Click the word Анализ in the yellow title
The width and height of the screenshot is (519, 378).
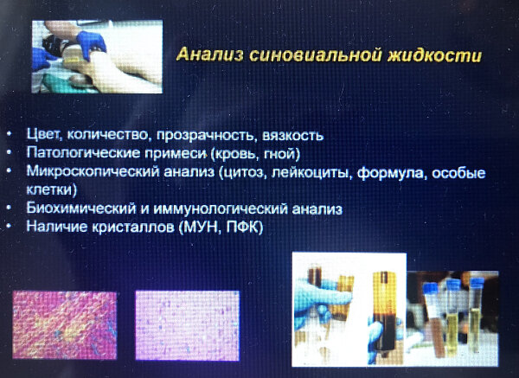[210, 54]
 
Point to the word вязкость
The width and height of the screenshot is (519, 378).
[293, 136]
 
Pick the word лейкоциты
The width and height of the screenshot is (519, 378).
[311, 173]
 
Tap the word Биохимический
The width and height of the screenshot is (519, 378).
[81, 208]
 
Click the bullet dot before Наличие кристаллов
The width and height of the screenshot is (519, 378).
[9, 226]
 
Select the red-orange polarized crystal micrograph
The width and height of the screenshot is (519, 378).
[65, 325]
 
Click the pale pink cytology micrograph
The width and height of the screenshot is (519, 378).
[188, 325]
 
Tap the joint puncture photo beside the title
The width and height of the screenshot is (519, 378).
[97, 56]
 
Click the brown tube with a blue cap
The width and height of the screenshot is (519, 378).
[432, 319]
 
